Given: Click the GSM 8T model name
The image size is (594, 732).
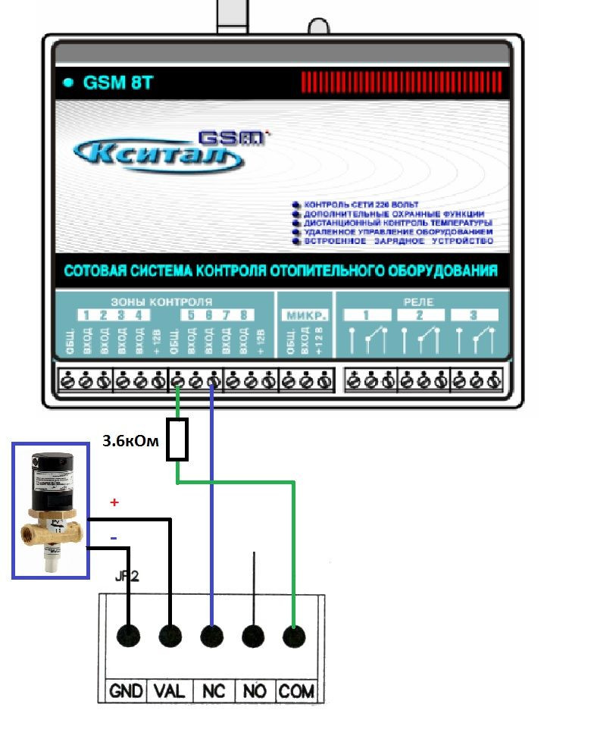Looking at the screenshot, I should pyautogui.click(x=120, y=83).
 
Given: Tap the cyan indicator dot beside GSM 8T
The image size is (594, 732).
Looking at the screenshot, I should pyautogui.click(x=69, y=83).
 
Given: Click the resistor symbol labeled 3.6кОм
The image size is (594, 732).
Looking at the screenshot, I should pyautogui.click(x=177, y=441).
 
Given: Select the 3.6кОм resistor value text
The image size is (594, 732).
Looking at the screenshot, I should pyautogui.click(x=130, y=440).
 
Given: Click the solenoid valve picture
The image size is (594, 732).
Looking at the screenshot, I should pyautogui.click(x=48, y=511).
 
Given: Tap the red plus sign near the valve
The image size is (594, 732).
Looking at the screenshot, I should pyautogui.click(x=115, y=502).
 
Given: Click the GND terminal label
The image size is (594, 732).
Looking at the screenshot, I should pyautogui.click(x=127, y=691).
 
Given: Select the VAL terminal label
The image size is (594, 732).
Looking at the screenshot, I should pyautogui.click(x=170, y=691).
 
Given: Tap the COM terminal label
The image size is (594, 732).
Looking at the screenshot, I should pyautogui.click(x=296, y=691).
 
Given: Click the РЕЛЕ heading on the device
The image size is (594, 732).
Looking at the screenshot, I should pyautogui.click(x=417, y=301).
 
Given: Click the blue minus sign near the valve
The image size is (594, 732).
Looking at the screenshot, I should pyautogui.click(x=114, y=536).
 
